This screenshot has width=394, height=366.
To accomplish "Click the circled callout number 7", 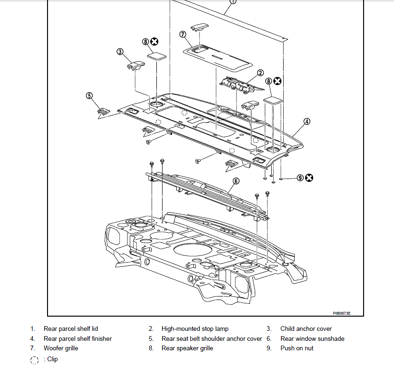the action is [183, 34].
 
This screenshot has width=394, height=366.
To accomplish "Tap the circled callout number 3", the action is [120, 52].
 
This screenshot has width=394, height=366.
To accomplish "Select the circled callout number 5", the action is [89, 95].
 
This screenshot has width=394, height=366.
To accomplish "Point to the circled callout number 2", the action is [260, 73].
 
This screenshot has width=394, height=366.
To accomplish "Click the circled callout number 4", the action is [307, 122].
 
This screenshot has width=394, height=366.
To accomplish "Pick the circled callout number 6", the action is [236, 181].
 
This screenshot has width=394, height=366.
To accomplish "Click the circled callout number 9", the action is [300, 178].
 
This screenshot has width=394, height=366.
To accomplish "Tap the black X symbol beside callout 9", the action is [309, 178].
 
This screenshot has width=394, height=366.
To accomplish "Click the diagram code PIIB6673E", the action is [342, 313].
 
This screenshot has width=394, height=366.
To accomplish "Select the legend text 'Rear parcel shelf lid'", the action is [71, 328].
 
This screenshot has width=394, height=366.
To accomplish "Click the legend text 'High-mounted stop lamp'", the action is [195, 328].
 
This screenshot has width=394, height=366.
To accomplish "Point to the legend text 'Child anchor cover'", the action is [306, 328].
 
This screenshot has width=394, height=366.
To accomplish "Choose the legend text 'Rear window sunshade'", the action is [312, 338].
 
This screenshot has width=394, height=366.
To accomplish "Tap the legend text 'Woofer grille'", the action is [61, 348].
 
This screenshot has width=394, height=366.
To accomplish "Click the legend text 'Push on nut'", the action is [297, 348].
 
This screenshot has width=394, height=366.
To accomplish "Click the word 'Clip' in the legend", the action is [52, 359].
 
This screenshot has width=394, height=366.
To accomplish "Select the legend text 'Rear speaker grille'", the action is [187, 348].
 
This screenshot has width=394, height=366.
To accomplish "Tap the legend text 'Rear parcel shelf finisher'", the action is [77, 338].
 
